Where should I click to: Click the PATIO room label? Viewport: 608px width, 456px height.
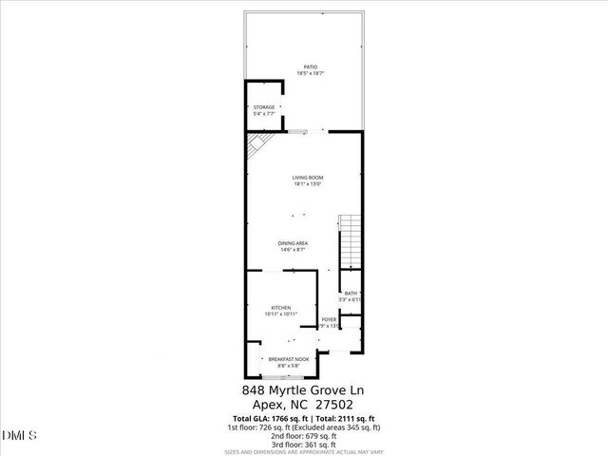point(305,66)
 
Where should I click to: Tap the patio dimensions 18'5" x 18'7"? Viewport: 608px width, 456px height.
point(305,73)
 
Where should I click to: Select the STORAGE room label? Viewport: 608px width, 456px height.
point(264,107)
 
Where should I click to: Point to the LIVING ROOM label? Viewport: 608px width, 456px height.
point(308,178)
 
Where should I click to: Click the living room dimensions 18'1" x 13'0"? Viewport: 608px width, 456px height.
point(308,184)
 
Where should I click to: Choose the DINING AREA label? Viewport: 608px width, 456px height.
point(293,243)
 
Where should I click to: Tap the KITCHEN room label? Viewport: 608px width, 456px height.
point(280,307)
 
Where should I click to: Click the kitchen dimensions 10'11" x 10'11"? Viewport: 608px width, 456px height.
point(280,313)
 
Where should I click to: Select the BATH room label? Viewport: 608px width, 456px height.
point(351,293)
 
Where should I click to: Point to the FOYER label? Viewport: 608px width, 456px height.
point(329,319)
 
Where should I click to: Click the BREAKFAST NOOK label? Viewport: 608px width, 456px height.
point(282,359)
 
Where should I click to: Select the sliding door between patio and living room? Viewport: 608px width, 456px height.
point(299,130)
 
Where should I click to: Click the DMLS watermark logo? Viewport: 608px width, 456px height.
point(20,436)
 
